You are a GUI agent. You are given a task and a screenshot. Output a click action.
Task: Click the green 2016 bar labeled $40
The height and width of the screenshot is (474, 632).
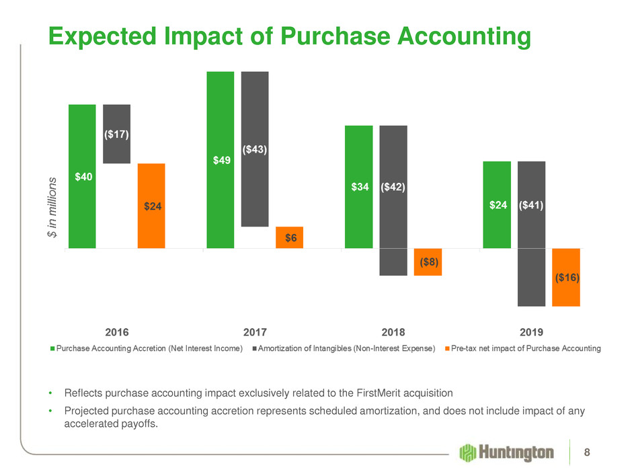click(82, 176)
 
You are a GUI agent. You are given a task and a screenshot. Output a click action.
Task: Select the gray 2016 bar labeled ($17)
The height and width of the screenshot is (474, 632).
click(116, 134)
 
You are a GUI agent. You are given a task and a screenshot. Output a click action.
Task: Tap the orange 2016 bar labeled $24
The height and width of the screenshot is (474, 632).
click(151, 206)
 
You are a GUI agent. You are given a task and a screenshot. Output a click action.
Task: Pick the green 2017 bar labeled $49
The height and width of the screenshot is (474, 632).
click(220, 160)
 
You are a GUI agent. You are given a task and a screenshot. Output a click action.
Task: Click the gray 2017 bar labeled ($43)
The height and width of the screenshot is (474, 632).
click(255, 149)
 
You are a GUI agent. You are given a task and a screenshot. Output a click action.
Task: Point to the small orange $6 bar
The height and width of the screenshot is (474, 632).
click(290, 237)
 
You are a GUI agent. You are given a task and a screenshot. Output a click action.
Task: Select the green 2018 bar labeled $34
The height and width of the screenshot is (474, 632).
click(358, 187)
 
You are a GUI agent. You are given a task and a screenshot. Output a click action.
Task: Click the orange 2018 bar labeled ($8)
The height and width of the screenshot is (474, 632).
click(428, 262)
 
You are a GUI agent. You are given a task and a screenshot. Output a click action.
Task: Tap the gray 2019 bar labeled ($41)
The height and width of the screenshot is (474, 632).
click(531, 233)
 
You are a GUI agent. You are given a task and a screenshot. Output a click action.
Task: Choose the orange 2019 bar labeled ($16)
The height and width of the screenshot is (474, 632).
click(566, 277)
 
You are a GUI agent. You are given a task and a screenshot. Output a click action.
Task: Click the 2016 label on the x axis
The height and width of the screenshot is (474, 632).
click(118, 331)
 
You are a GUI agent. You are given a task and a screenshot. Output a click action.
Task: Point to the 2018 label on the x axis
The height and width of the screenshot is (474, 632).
click(393, 331)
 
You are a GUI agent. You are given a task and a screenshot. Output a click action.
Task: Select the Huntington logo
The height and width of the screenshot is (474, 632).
click(506, 453)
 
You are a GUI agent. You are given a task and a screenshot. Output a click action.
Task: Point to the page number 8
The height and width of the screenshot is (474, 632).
click(588, 452)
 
